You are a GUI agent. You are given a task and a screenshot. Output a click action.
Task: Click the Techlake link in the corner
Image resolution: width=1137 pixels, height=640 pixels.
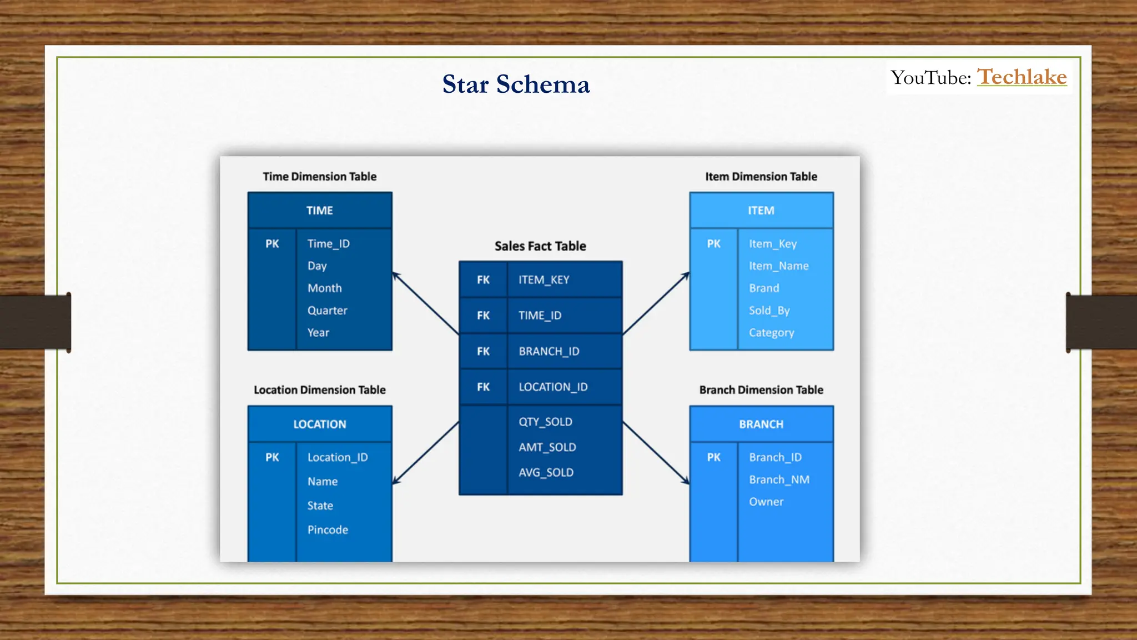[1022, 77]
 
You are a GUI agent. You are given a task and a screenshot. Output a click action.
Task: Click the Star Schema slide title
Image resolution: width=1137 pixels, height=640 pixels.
[516, 84]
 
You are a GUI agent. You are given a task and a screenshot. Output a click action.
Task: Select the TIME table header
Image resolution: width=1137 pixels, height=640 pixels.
[320, 211]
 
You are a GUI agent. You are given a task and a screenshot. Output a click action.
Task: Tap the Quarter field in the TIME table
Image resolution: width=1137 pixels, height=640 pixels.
[328, 311]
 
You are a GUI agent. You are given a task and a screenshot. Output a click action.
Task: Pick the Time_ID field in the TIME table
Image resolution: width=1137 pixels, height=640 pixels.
[329, 244]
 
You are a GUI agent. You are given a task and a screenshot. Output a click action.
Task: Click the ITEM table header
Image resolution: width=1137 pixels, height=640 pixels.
[761, 211]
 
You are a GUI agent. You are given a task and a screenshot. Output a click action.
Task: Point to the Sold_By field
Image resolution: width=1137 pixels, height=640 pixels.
[769, 311]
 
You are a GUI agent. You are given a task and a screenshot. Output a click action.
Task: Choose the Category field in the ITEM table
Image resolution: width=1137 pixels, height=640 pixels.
[772, 333]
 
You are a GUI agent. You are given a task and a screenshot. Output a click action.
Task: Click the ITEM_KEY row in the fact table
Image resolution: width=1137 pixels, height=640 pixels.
[544, 280]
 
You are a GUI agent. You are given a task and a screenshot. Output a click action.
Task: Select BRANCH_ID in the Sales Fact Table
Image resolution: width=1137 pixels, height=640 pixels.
[549, 352]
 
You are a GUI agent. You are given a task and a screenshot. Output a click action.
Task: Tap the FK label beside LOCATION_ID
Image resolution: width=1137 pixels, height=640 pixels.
[484, 387]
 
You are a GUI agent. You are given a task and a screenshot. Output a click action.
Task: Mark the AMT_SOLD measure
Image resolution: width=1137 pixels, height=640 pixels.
[547, 447]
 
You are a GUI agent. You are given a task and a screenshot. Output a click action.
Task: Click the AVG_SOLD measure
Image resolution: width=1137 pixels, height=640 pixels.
[546, 473]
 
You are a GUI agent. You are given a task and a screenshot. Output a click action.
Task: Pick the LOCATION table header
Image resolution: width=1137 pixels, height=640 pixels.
[320, 424]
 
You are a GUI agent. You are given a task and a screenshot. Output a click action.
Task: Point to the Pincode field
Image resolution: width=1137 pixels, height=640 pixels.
[328, 530]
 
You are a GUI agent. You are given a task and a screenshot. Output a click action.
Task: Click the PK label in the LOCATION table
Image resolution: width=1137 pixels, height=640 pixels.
[272, 457]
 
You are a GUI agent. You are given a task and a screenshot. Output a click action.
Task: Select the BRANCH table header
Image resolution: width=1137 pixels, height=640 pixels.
[761, 424]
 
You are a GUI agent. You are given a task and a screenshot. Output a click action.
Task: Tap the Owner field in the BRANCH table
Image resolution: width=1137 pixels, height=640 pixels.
[766, 502]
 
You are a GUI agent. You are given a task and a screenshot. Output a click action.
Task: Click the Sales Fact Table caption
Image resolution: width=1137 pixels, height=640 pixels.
[540, 246]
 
